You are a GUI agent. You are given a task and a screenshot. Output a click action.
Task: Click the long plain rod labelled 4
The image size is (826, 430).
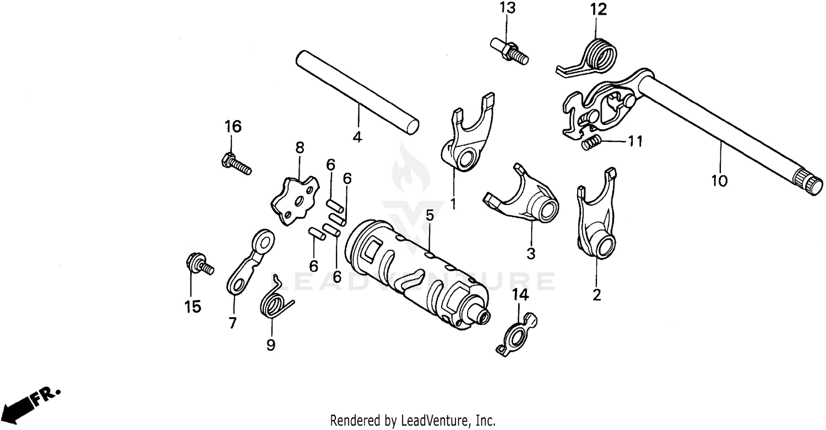(357, 93)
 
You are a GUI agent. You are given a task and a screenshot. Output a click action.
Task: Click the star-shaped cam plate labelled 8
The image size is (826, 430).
(295, 200)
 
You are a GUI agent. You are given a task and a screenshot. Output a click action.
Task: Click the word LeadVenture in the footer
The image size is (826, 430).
(438, 421)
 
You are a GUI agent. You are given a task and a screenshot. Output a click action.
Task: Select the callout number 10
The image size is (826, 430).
(719, 180)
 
